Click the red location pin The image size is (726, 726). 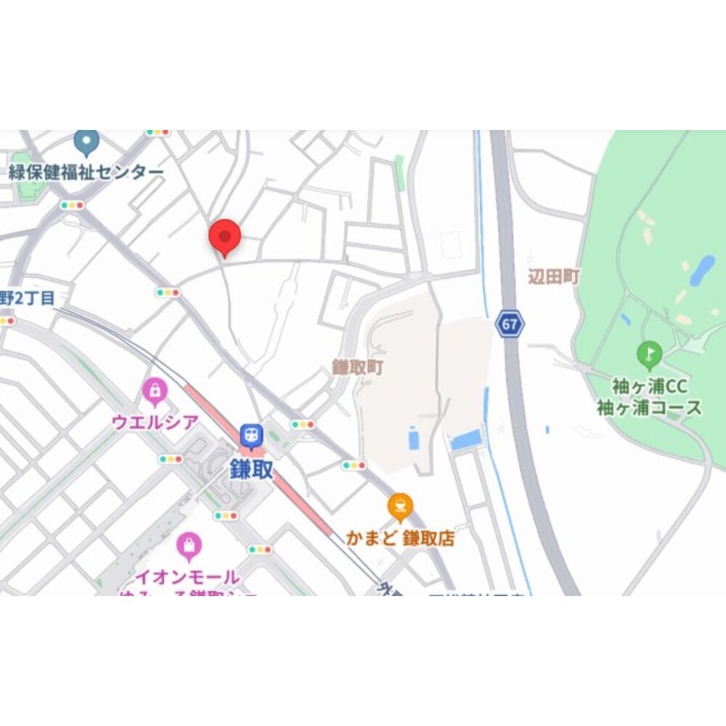click(224, 237)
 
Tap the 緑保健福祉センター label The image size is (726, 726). click(86, 172)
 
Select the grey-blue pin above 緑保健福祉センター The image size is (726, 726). click(86, 142)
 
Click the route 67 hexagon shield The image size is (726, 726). click(510, 324)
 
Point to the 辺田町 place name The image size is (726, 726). click(554, 277)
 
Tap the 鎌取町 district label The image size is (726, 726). click(358, 367)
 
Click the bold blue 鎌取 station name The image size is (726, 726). click(251, 469)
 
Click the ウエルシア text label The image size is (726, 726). click(155, 422)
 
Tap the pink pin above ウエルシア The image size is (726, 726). click(155, 392)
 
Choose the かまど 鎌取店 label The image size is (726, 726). click(400, 539)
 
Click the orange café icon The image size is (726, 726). click(400, 507)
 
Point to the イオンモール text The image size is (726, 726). click(188, 578)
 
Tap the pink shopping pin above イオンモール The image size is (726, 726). click(188, 545)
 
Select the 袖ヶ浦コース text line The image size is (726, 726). click(650, 407)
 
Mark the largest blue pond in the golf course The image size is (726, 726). click(701, 270)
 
